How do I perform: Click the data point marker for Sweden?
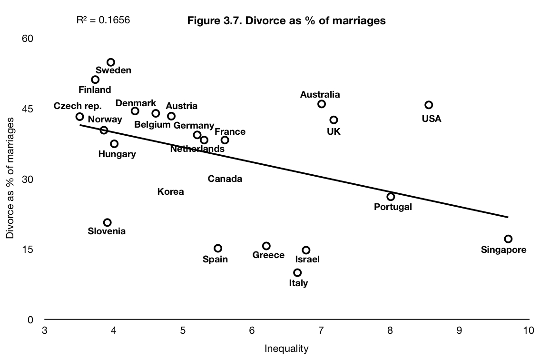coord(111,62)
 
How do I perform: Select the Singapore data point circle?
coord(508,239)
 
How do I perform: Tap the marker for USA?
coord(429,105)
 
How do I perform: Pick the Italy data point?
coord(297,272)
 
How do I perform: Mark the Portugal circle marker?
coord(391,197)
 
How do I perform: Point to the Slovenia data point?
coord(108,222)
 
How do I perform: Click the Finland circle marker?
coord(95,80)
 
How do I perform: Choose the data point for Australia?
coord(322,104)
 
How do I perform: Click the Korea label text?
coord(170,192)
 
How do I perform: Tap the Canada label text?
coord(225,179)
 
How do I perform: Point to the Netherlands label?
coord(197,149)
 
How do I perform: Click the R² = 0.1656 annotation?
coord(103,20)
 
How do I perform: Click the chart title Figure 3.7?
coord(286,20)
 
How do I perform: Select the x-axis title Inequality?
coord(286,349)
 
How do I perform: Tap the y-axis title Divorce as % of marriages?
coord(10,177)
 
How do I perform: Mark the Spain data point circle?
coord(218,248)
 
